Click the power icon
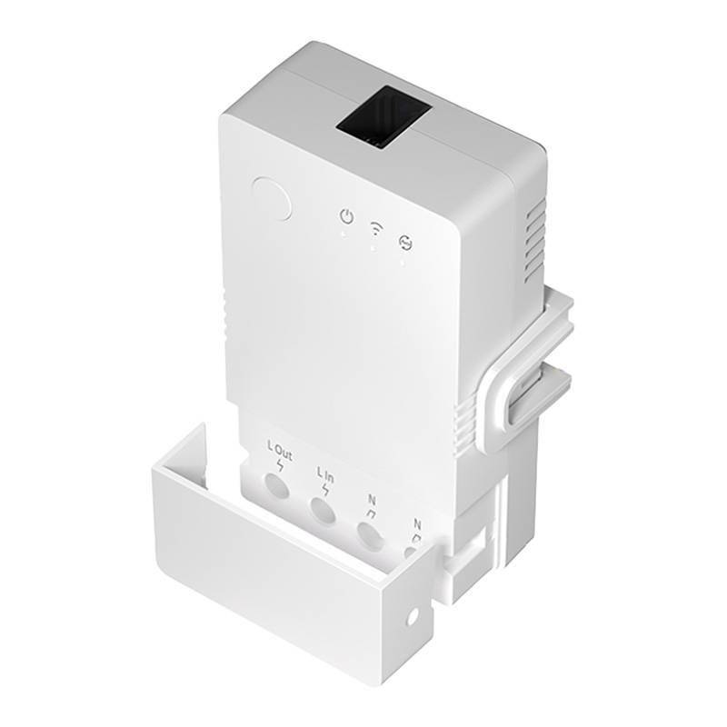[x=346, y=216]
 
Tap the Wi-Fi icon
[x=374, y=228]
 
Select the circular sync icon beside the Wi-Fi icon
[x=403, y=242]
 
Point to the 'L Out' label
[x=279, y=449]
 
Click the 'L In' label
[x=324, y=473]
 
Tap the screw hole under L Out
[x=276, y=489]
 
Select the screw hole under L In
[x=323, y=511]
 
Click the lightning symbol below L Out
[x=279, y=466]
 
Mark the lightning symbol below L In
[x=324, y=490]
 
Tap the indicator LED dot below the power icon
[x=344, y=234]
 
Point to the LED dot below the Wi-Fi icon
[x=373, y=247]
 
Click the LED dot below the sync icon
[x=402, y=262]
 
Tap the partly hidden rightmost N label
[x=417, y=524]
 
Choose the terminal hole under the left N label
[x=368, y=536]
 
